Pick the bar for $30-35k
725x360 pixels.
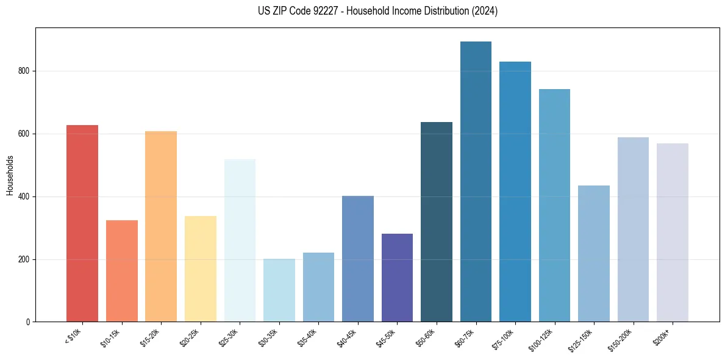click(x=279, y=290)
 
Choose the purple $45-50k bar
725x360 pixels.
click(x=397, y=278)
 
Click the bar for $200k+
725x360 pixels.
click(x=673, y=232)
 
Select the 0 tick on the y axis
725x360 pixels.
click(x=28, y=322)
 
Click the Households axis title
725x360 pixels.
click(x=10, y=175)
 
